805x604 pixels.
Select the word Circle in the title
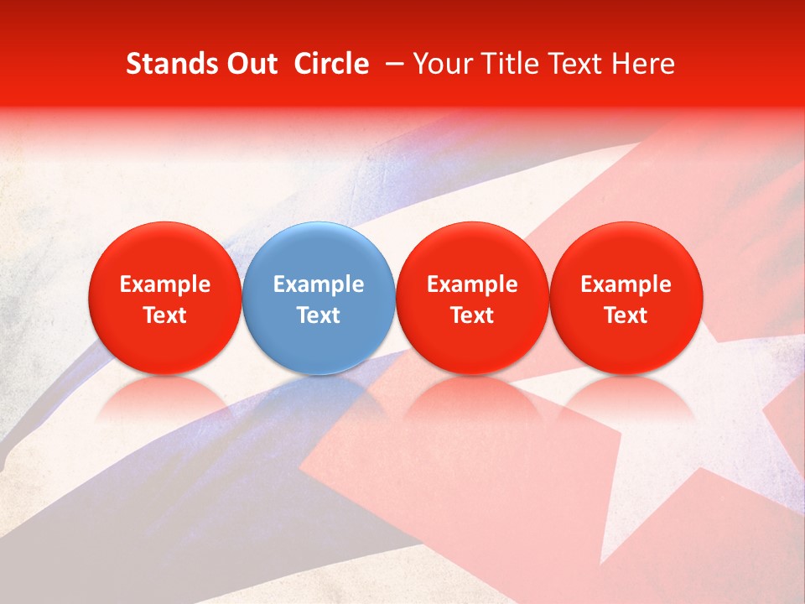point(331,64)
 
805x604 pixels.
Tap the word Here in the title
point(645,64)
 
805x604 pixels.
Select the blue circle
point(319,298)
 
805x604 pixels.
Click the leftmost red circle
point(164,298)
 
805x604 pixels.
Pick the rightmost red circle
point(626,298)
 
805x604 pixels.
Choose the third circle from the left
point(472,298)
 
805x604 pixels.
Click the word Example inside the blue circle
point(319,284)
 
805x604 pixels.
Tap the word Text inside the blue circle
point(319,315)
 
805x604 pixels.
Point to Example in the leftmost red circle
point(164,284)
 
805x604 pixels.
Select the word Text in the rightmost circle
point(626,315)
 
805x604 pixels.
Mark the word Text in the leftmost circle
point(164,315)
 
